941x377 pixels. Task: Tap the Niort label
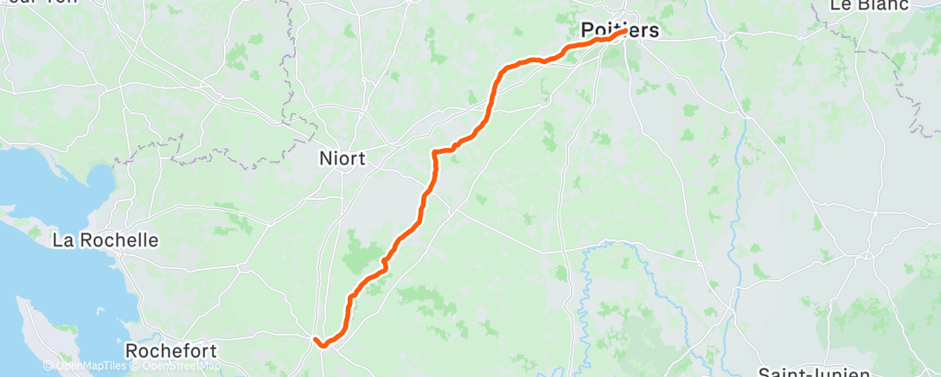pyautogui.click(x=342, y=158)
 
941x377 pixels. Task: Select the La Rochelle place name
pyautogui.click(x=106, y=240)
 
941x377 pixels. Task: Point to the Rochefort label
pyautogui.click(x=170, y=351)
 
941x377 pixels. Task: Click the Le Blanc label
pyautogui.click(x=870, y=5)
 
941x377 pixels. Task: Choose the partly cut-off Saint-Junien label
pyautogui.click(x=813, y=372)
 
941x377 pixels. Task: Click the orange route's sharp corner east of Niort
pyautogui.click(x=433, y=152)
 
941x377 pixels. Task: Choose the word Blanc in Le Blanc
pyautogui.click(x=882, y=5)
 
